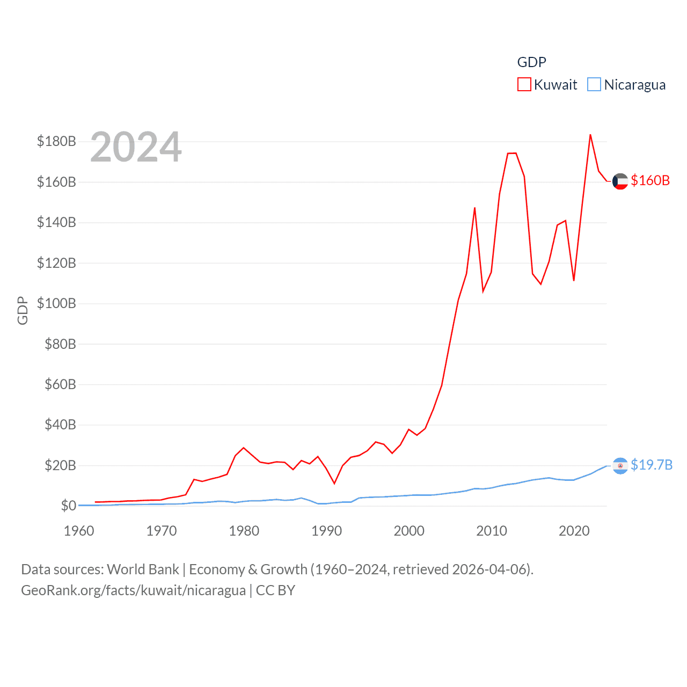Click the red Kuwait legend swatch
point(524,85)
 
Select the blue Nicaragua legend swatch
point(594,85)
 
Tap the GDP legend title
point(531,62)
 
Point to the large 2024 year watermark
point(136,147)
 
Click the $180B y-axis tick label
point(56,142)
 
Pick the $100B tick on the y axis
point(56,304)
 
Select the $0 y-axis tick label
point(68,506)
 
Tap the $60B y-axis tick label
point(60,385)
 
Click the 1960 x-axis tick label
point(79,531)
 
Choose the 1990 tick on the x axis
point(326,531)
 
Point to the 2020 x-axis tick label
point(574,531)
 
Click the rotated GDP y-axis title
point(23,310)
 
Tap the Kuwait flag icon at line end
point(620,181)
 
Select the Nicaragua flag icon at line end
point(620,465)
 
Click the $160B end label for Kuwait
point(650,181)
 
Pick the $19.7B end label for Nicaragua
point(652,465)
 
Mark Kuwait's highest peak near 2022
point(590,135)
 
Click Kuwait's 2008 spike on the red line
point(474,208)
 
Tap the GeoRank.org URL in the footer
point(133,590)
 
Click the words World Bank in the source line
point(143,569)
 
